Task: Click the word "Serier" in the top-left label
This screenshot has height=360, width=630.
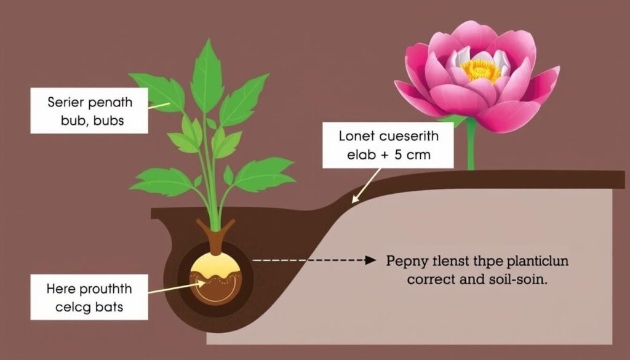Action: tap(65, 102)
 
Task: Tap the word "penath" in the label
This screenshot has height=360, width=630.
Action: tap(110, 103)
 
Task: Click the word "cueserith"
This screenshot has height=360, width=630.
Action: tap(409, 136)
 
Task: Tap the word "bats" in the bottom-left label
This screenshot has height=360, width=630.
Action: tap(110, 307)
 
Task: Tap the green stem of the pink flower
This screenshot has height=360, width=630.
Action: tap(471, 144)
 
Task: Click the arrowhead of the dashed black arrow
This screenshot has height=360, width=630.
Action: tap(371, 260)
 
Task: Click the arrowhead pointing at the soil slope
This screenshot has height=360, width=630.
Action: tap(355, 199)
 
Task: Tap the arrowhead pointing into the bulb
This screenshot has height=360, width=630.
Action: tap(201, 283)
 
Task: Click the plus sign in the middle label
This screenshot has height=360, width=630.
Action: tap(385, 155)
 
